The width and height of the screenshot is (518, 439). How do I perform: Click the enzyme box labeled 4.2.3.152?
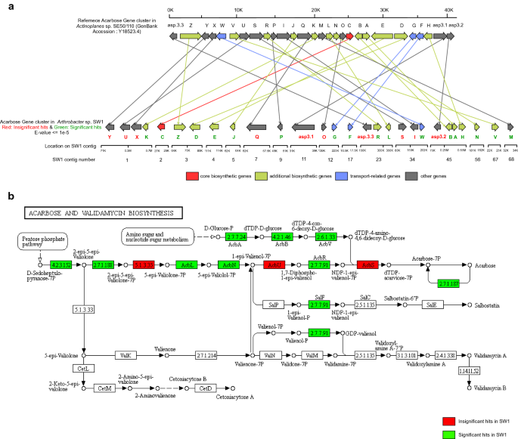click(60, 265)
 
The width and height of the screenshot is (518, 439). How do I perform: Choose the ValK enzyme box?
click(126, 354)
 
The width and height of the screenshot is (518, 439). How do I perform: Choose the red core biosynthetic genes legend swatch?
click(193, 175)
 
